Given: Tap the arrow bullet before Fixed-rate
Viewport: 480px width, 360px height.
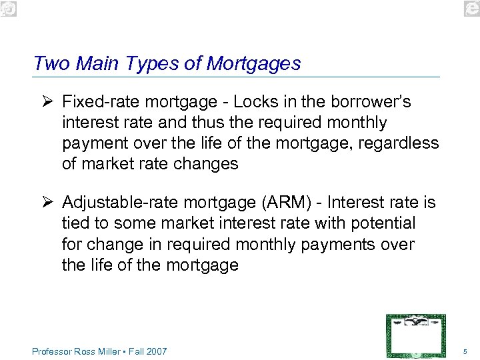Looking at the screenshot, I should tap(46, 102).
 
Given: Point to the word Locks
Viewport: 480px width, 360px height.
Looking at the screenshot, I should tap(253, 102).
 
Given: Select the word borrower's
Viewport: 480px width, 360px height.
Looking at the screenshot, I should tap(367, 102).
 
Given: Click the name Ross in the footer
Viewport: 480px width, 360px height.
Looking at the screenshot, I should tap(85, 351).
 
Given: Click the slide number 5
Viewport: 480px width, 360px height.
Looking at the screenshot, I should tap(464, 351).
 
